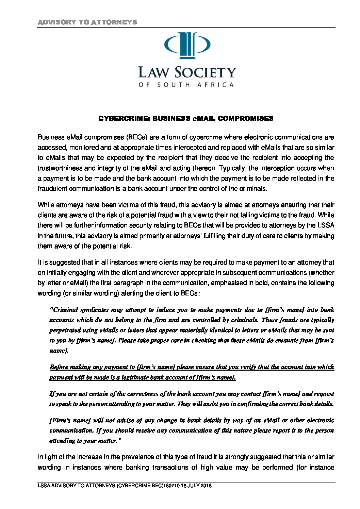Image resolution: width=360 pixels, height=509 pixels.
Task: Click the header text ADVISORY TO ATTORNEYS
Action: [87, 22]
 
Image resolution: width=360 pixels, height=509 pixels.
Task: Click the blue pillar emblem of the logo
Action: [187, 46]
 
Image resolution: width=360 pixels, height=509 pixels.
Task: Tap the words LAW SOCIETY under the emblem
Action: [187, 72]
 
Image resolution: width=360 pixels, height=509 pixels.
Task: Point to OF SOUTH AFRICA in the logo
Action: [186, 85]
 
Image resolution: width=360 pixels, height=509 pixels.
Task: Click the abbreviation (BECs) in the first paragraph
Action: [137, 137]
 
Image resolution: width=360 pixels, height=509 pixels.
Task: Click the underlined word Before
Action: [59, 367]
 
